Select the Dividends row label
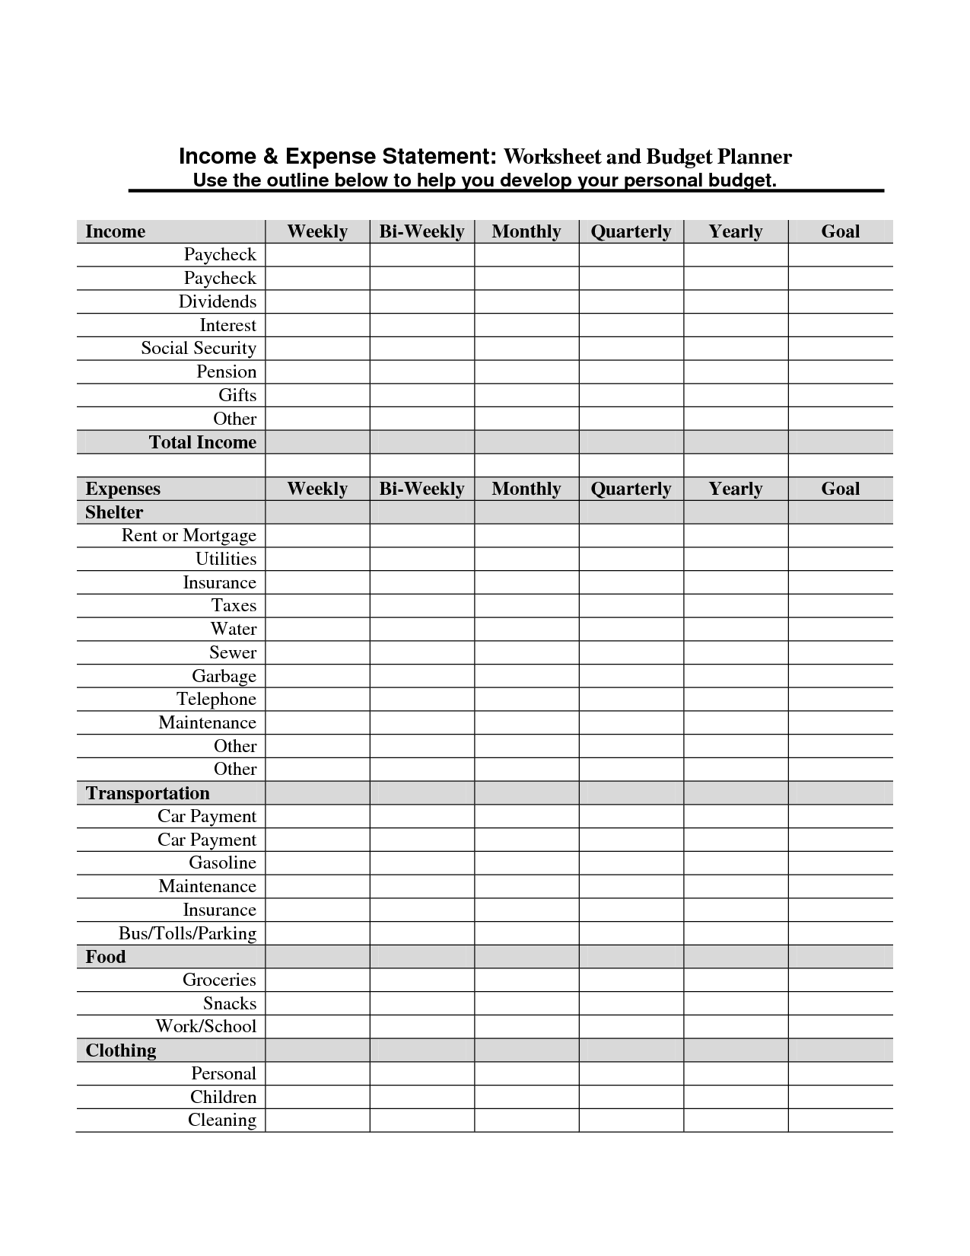(x=217, y=301)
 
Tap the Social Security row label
(x=198, y=348)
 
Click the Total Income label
(x=202, y=442)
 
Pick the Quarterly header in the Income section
(x=631, y=231)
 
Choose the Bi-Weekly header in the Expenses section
(x=421, y=489)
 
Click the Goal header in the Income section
(x=840, y=231)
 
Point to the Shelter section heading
(x=114, y=512)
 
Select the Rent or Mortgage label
(x=189, y=535)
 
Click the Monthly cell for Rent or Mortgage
(x=526, y=536)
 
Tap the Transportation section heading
(x=148, y=793)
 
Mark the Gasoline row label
(x=222, y=862)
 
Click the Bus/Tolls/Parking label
(x=187, y=933)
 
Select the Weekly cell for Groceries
(x=317, y=980)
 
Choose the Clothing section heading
(x=121, y=1050)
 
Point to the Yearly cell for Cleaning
(x=736, y=1121)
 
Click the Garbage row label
(x=224, y=676)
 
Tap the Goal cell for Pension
(x=840, y=372)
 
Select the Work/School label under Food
(x=205, y=1026)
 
